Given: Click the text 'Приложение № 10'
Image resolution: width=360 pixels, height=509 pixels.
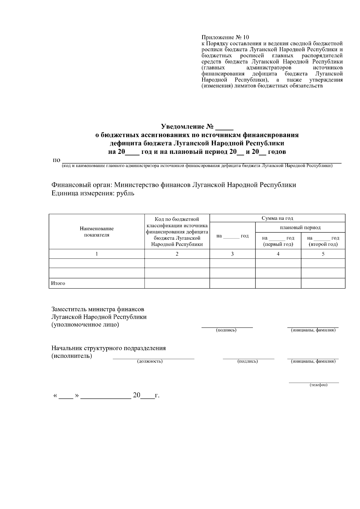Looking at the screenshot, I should (225, 37).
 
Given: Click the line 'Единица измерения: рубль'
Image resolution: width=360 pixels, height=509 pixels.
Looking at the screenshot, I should (93, 193).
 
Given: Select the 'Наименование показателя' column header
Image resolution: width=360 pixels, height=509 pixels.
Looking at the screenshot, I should (97, 232).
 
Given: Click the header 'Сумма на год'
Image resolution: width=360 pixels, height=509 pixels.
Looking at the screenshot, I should (277, 218).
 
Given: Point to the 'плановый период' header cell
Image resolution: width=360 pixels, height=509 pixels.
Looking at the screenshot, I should (300, 227).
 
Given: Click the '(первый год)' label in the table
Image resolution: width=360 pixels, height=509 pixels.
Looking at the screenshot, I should (278, 244).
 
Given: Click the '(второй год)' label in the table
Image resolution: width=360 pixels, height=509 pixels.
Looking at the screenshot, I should (323, 244).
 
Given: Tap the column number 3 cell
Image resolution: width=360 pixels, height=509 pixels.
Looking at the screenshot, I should (232, 254).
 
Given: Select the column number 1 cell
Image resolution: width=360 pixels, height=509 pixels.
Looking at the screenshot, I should (97, 254).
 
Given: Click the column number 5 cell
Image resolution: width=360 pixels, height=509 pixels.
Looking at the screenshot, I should (323, 254).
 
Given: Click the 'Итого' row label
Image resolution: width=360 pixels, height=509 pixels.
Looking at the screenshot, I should (58, 283).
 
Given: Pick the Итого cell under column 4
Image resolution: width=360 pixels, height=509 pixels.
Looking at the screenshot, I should (278, 283).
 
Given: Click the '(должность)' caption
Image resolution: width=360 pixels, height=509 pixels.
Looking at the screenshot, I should (150, 361).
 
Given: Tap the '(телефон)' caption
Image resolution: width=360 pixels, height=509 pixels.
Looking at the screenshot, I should (318, 385).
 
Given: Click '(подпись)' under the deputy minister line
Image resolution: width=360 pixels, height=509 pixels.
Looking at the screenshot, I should (226, 330).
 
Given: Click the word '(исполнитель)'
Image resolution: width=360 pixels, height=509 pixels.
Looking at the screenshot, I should (72, 356).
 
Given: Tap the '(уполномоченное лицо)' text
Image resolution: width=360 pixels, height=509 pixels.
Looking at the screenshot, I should (85, 325).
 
